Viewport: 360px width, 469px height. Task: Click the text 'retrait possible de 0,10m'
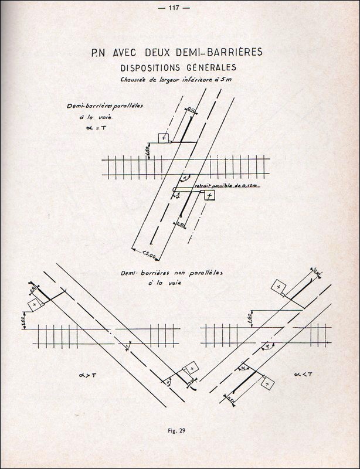pos(229,185)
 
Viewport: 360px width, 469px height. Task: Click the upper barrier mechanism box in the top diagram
pos(164,138)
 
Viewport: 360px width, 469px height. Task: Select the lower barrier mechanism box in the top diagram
pos(209,195)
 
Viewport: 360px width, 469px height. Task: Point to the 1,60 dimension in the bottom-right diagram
pos(250,320)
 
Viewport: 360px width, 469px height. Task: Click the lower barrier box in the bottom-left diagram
pos(192,368)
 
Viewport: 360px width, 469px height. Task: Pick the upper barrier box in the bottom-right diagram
pos(279,287)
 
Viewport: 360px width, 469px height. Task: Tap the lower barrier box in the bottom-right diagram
pos(267,382)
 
